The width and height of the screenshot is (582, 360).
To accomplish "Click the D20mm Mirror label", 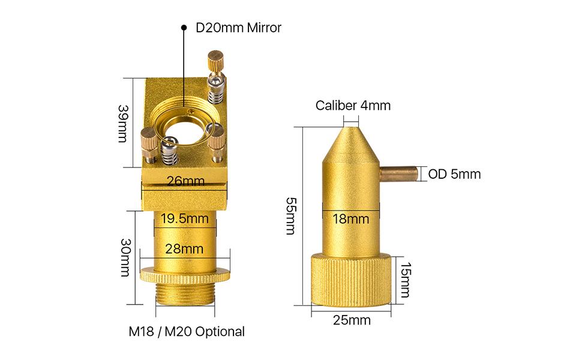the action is (x=238, y=28).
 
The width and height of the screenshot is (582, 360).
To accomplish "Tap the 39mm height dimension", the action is (x=123, y=124).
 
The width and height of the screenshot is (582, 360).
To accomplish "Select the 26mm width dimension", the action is (x=185, y=181).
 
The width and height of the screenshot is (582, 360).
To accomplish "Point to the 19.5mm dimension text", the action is (x=184, y=218).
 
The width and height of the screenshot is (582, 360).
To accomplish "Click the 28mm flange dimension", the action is (x=184, y=248).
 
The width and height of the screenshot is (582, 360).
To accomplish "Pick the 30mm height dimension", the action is (x=125, y=257).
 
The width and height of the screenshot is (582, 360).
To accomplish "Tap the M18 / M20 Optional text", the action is (x=187, y=331).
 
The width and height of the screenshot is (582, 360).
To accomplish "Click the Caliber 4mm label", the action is (x=353, y=106).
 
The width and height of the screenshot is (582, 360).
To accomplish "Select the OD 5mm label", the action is (x=454, y=174).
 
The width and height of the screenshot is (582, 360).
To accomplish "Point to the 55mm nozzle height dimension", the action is (x=291, y=215).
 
